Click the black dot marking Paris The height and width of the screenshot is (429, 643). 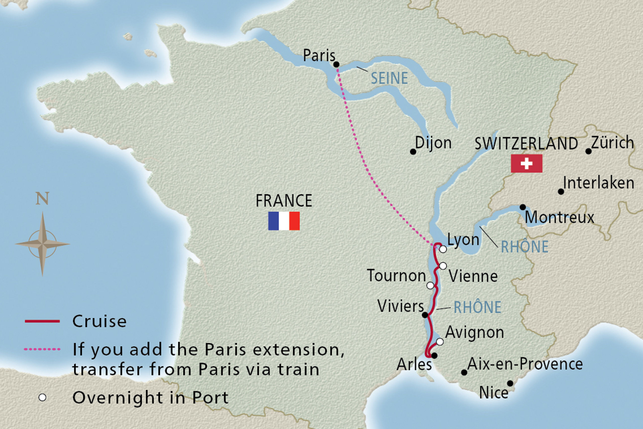click(x=336, y=65)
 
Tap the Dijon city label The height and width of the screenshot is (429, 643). click(x=433, y=143)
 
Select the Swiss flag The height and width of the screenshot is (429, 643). click(x=526, y=163)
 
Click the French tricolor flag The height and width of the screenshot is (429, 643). click(x=284, y=221)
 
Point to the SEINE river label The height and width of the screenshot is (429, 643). click(x=389, y=78)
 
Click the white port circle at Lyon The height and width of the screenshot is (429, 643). click(x=443, y=249)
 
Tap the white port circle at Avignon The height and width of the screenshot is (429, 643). click(x=440, y=342)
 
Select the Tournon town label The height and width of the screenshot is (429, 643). click(x=396, y=275)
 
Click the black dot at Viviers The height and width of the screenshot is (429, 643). click(x=425, y=315)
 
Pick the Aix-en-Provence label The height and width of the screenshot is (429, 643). click(x=525, y=364)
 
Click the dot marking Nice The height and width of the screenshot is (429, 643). click(x=510, y=384)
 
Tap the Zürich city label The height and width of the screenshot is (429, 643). click(x=612, y=142)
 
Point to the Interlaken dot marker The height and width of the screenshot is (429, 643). click(x=561, y=192)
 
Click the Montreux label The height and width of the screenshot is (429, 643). click(x=559, y=217)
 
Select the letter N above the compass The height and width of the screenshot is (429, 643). click(x=42, y=198)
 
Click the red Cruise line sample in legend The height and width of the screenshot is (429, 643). click(x=42, y=321)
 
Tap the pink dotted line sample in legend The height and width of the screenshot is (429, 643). click(x=42, y=349)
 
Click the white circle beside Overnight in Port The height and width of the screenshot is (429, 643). click(x=42, y=398)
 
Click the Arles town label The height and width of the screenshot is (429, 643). click(x=414, y=364)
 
